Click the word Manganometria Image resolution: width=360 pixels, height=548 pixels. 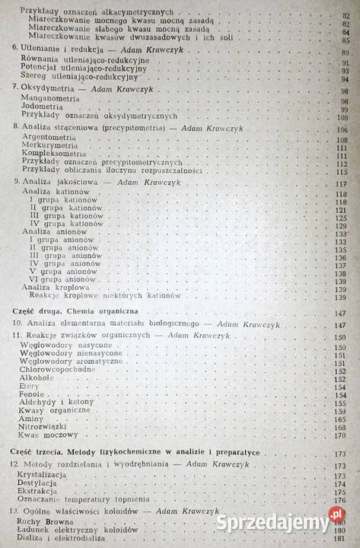tap(51, 101)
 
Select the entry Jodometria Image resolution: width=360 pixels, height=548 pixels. tap(44, 108)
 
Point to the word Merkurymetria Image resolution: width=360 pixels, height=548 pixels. tap(49, 148)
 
